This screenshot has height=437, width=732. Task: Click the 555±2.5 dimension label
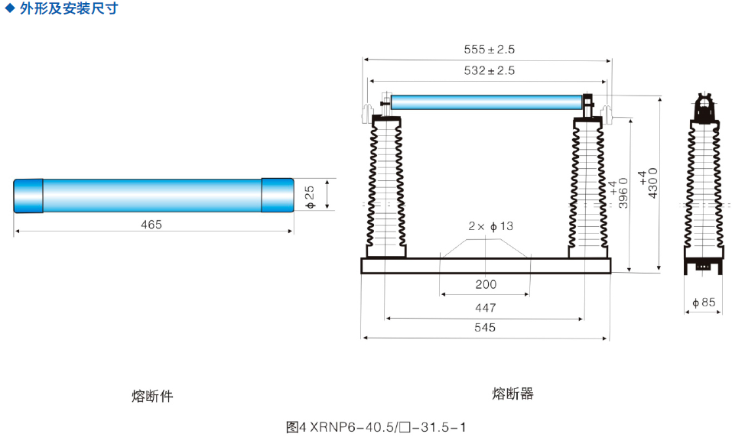[x=490, y=50]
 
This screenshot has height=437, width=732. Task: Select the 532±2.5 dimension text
[x=490, y=70]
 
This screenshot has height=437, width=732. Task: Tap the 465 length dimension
[x=151, y=225]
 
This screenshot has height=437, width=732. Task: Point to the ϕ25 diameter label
[x=310, y=197]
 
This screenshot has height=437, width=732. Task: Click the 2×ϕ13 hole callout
[x=490, y=226]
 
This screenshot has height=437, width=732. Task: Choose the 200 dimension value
[x=486, y=284]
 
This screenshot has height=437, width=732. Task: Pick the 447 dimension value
[x=486, y=308]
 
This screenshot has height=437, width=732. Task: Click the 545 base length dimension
[x=485, y=328]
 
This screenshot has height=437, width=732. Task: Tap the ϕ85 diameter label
[x=704, y=303]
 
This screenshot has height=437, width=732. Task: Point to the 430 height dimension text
[x=648, y=183]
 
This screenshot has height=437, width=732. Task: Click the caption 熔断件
[x=152, y=396]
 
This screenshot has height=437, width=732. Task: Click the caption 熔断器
[x=512, y=393]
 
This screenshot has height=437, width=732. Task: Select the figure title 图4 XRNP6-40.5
[x=376, y=427]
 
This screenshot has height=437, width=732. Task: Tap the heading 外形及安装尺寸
[x=69, y=8]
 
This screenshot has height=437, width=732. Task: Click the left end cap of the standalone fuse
[x=28, y=196]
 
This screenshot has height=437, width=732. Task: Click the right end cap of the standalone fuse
[x=278, y=196]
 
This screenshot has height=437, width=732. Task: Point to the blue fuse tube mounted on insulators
[x=486, y=102]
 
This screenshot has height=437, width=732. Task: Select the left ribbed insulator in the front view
[x=386, y=187]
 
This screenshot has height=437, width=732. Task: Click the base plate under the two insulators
[x=486, y=266]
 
